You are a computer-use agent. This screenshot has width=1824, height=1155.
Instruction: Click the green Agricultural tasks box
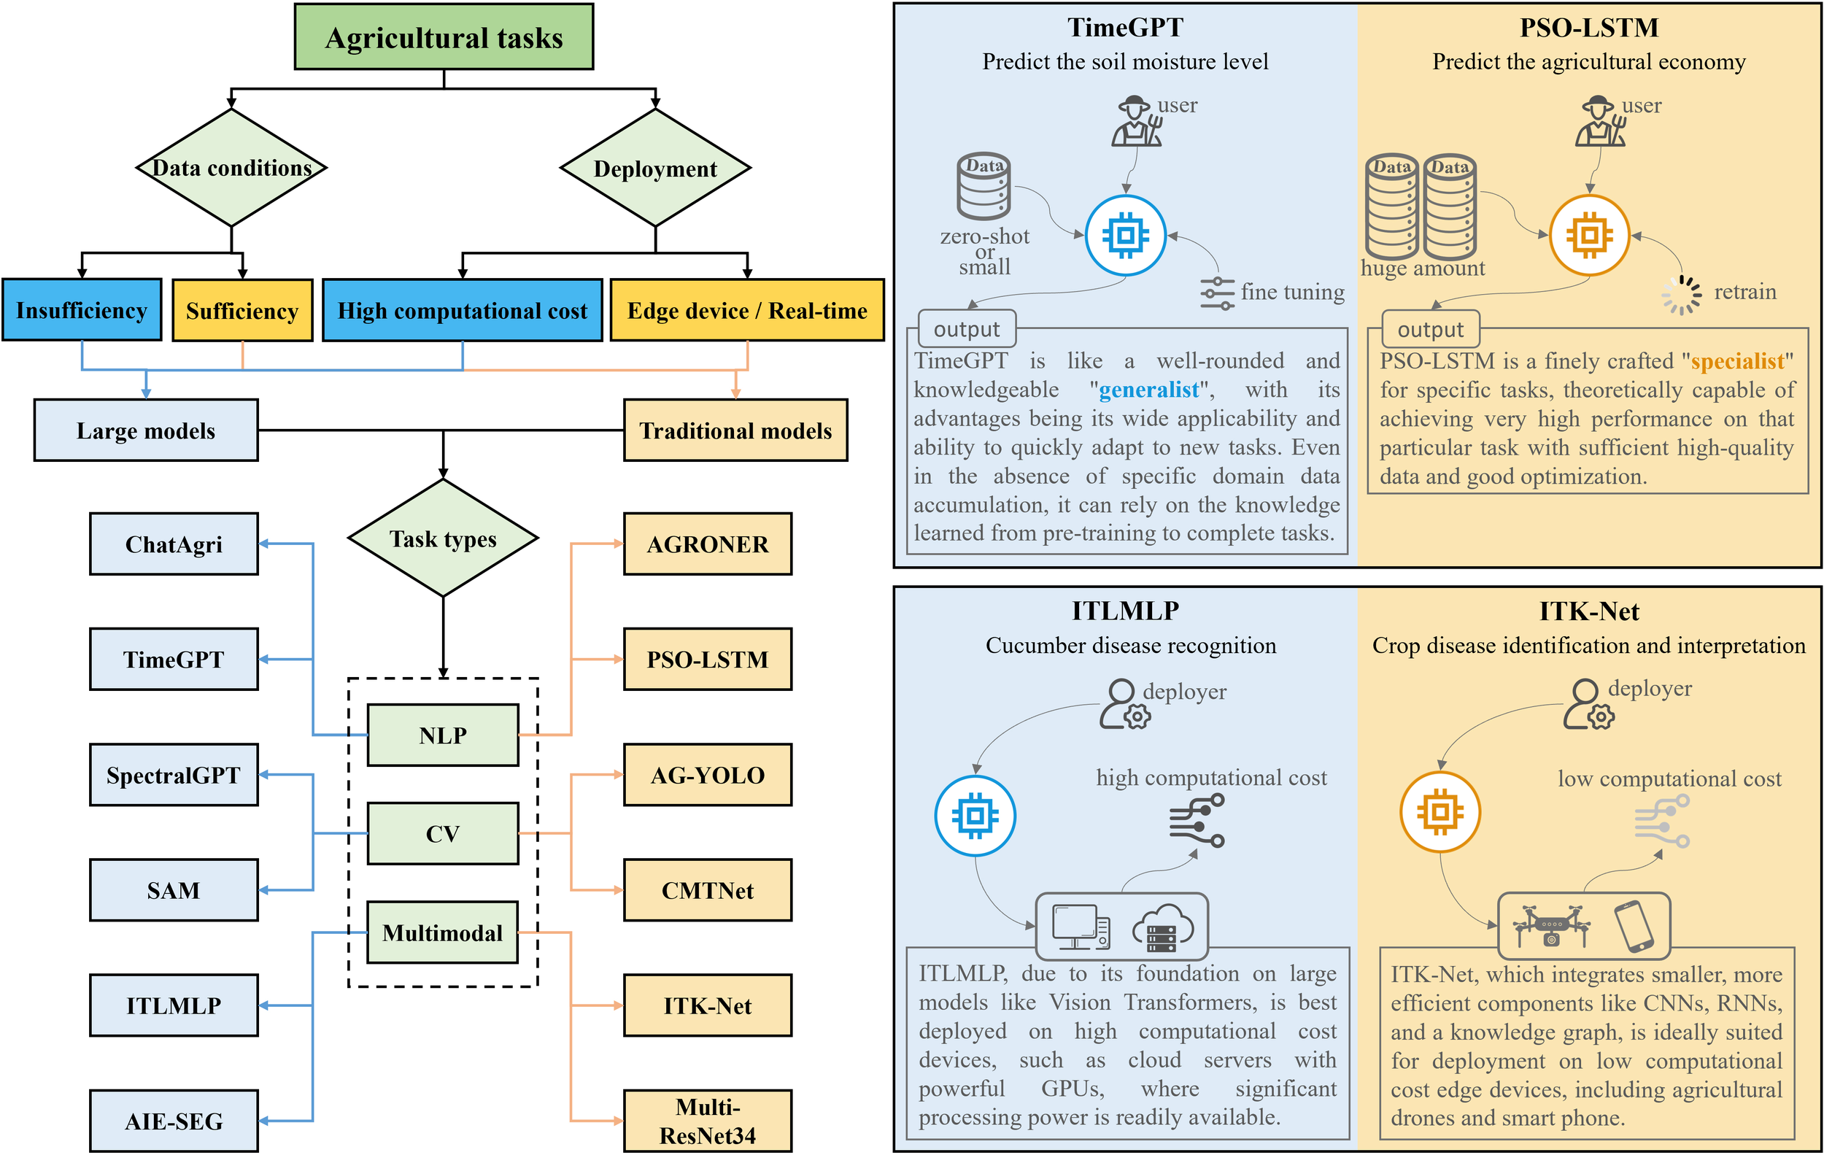coord(443,37)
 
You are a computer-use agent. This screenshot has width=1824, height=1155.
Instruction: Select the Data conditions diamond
coord(231,167)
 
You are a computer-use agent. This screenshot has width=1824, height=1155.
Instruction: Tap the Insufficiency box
coord(82,310)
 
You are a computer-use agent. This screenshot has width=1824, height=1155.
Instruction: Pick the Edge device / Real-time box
coord(747,310)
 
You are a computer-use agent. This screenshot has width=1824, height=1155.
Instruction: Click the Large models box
coord(145,430)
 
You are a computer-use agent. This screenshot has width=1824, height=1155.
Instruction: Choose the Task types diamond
coord(443,538)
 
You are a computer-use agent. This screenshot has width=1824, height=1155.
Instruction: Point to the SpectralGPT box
coord(174,775)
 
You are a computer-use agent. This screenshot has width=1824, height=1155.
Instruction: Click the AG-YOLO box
coord(708,775)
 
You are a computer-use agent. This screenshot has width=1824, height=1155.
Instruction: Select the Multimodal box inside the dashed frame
coord(442,932)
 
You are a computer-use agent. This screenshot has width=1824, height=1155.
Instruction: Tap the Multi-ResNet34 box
coord(708,1121)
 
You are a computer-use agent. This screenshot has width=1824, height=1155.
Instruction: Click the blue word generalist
coord(1149,390)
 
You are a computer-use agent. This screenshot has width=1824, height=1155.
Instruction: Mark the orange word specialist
coord(1738,361)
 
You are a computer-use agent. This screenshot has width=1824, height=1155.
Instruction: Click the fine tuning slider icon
coord(1217,293)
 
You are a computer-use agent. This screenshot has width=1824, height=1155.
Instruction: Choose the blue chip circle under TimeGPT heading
coord(1125,236)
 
